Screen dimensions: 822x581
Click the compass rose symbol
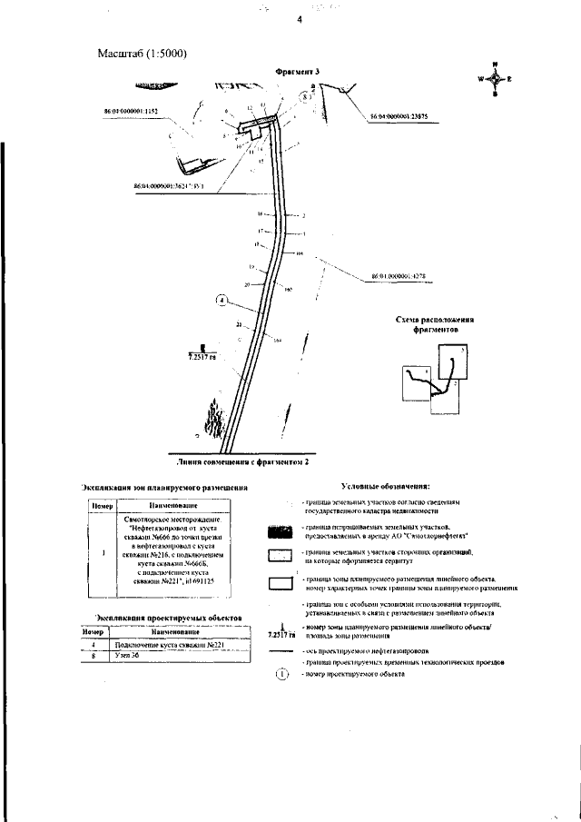click(x=495, y=78)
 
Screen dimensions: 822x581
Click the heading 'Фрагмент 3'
click(x=299, y=71)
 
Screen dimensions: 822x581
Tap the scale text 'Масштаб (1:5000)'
click(x=142, y=54)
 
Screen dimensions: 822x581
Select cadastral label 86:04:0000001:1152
click(x=132, y=111)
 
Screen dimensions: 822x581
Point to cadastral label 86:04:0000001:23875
click(x=405, y=116)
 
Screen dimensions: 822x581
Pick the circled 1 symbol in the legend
click(x=281, y=674)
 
